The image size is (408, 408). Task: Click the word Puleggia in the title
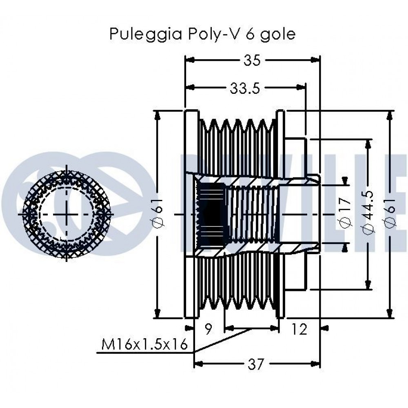point(146,34)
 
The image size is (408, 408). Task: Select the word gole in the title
point(278,34)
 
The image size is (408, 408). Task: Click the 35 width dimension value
point(252,60)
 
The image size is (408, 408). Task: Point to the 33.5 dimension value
point(245,89)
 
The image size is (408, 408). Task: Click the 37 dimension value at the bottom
point(256,364)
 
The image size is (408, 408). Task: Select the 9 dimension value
point(208,329)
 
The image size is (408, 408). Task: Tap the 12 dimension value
point(299,329)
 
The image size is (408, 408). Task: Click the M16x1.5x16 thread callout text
point(144,345)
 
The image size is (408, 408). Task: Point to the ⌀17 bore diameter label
point(346,213)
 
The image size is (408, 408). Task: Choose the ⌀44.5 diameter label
point(368,213)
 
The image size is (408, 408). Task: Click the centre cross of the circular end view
point(67,214)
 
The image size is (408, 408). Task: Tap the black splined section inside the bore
point(211,215)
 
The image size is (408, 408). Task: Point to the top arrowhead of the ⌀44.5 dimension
point(368,144)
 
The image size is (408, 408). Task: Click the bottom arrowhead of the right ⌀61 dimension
point(390,313)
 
